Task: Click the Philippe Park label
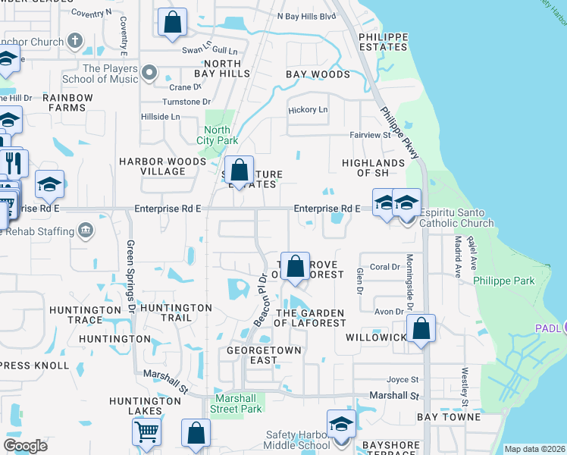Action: pyautogui.click(x=504, y=281)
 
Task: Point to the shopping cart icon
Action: pyautogui.click(x=146, y=431)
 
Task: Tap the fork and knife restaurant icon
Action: pyautogui.click(x=13, y=163)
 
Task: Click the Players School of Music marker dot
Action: pyautogui.click(x=150, y=74)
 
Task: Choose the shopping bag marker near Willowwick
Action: pyautogui.click(x=421, y=328)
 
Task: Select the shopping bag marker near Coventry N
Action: pyautogui.click(x=172, y=23)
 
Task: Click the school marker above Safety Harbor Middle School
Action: pyautogui.click(x=341, y=424)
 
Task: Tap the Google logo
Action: pyautogui.click(x=25, y=445)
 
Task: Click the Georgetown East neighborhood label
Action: pyautogui.click(x=264, y=356)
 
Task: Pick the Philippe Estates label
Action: pyautogui.click(x=383, y=42)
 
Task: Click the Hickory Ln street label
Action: pyautogui.click(x=308, y=110)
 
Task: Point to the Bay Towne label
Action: pyautogui.click(x=449, y=417)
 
